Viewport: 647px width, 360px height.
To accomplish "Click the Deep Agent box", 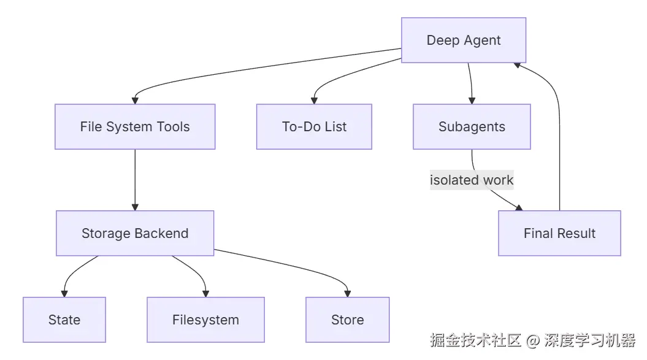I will pyautogui.click(x=464, y=40).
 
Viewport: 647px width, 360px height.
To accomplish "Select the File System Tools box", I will pyautogui.click(x=135, y=127).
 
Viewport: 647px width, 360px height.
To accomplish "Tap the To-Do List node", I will pyautogui.click(x=314, y=127).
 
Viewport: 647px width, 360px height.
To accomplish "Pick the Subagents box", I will pyautogui.click(x=472, y=127).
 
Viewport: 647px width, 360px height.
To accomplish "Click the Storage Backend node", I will pyautogui.click(x=135, y=234).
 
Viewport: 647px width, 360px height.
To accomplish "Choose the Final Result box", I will pyautogui.click(x=559, y=234).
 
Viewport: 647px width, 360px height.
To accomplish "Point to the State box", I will pyautogui.click(x=64, y=320).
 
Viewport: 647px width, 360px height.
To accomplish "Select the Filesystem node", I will pyautogui.click(x=205, y=320).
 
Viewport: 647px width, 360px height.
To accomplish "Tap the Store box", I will pyautogui.click(x=348, y=320).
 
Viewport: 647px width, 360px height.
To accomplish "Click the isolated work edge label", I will pyautogui.click(x=472, y=180).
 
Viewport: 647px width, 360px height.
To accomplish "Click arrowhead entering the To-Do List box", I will pyautogui.click(x=315, y=101).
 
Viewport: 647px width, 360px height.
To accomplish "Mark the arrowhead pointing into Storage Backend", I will pyautogui.click(x=135, y=207).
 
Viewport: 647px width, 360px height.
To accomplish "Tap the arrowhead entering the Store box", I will pyautogui.click(x=348, y=294).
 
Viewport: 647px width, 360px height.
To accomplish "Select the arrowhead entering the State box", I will pyautogui.click(x=64, y=294).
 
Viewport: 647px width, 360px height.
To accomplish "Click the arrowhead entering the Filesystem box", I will pyautogui.click(x=205, y=294).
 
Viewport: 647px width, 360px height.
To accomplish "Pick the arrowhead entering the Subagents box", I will pyautogui.click(x=472, y=101).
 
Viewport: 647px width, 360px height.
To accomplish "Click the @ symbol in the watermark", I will pyautogui.click(x=532, y=340).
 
